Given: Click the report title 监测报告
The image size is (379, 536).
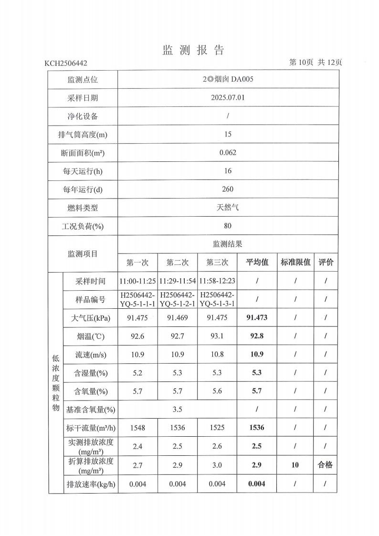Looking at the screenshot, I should tap(193, 50).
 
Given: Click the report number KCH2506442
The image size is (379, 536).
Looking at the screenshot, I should tap(66, 63).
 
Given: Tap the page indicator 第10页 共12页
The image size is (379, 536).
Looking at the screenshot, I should tap(316, 63).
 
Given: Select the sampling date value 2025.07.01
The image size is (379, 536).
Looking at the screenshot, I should tap(228, 98).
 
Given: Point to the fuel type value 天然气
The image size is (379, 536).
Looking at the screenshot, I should tap(228, 208).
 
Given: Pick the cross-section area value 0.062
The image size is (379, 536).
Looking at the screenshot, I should tap(228, 153).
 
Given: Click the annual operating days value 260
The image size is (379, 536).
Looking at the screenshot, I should tap(228, 189).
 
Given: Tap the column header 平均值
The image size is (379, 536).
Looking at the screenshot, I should tap(257, 263).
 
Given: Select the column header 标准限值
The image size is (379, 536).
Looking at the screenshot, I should tap(295, 263).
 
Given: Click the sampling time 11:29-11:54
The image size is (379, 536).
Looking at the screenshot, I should tap(178, 281).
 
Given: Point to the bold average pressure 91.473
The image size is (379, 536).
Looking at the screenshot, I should tap(257, 318).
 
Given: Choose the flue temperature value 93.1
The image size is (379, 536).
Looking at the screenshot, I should tap(217, 336).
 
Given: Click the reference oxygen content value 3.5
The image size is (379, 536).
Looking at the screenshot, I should tap(178, 409).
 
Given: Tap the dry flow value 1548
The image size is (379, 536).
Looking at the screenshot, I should tap(137, 428).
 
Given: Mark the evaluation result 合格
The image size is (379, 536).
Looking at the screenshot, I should tap(326, 465).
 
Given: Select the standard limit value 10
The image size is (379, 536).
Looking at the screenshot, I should tap(295, 465).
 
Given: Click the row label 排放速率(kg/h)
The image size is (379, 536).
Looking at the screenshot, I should tap(90, 484).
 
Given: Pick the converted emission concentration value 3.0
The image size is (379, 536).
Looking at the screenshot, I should tap(217, 465).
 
